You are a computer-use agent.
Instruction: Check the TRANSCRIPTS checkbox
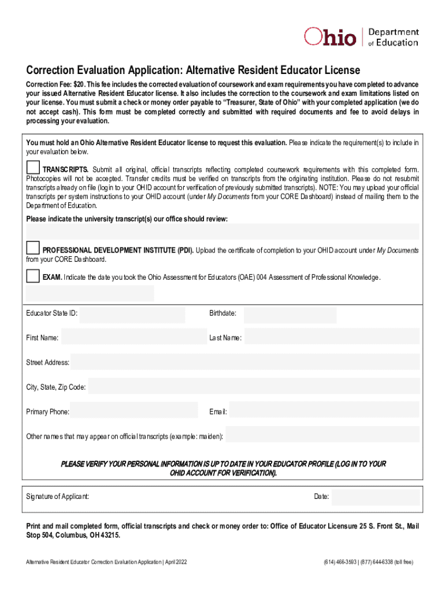pos(33,167)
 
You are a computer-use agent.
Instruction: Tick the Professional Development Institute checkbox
pos(33,248)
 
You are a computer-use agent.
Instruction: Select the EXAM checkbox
pos(33,276)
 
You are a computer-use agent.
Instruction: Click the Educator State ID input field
pos(132,315)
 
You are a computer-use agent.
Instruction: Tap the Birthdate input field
pos(290,315)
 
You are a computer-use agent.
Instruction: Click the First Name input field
pos(134,337)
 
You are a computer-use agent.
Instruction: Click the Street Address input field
pos(245,362)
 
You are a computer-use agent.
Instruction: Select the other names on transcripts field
pos(322,434)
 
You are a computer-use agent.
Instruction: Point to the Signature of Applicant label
pos(58,497)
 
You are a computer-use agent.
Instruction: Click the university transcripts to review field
pos(222,231)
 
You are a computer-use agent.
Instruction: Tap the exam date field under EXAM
pos(90,293)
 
